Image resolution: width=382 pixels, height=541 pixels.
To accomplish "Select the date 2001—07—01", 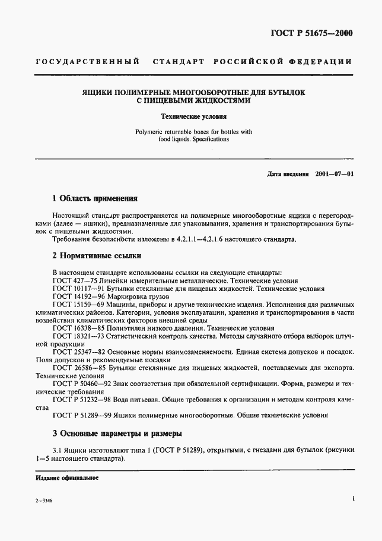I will pyautogui.click(x=334, y=174).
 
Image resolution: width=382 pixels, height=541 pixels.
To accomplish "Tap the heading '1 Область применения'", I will pyautogui.click(x=95, y=199).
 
